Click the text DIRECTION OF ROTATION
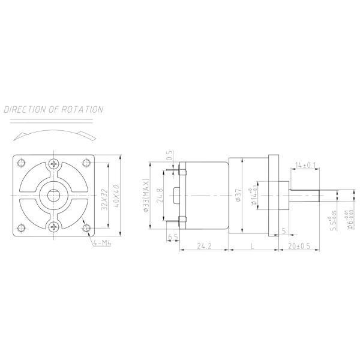coord(53,110)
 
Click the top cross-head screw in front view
coord(55,164)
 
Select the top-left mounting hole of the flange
coord(22,163)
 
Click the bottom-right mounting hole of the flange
coord(88,228)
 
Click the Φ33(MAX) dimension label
coord(146,196)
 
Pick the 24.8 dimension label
coord(159,195)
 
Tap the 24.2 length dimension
coord(204,246)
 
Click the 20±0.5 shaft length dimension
coord(298,246)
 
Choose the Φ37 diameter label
coord(238,196)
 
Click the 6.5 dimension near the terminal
coord(172,238)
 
